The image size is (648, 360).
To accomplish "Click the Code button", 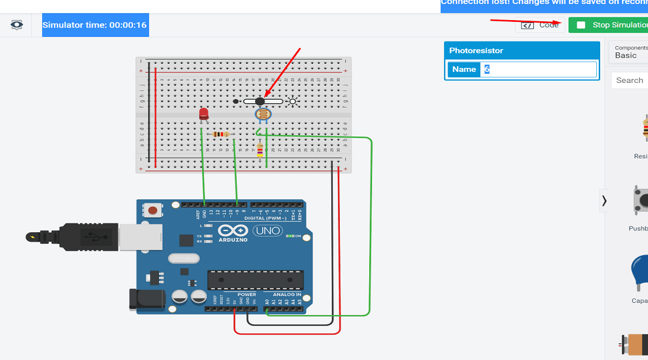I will [x=540, y=25].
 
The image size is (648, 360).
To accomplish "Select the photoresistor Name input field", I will [x=539, y=69].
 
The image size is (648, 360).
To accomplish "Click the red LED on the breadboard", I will [x=203, y=114].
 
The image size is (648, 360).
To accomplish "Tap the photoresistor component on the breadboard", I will [x=263, y=115].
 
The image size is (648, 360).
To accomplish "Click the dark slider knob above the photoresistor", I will [x=260, y=101].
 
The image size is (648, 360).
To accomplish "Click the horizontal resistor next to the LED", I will [x=221, y=134].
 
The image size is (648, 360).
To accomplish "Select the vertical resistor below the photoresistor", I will [x=260, y=150].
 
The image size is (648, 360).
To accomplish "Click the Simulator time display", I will [x=95, y=25].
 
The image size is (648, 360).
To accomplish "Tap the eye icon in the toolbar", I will [x=17, y=25].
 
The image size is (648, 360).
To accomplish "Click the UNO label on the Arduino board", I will [x=268, y=231].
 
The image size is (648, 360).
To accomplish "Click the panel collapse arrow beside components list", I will [x=604, y=200].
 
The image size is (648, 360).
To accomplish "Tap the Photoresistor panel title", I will [x=476, y=51].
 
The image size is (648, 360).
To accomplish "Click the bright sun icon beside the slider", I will [x=293, y=102].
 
